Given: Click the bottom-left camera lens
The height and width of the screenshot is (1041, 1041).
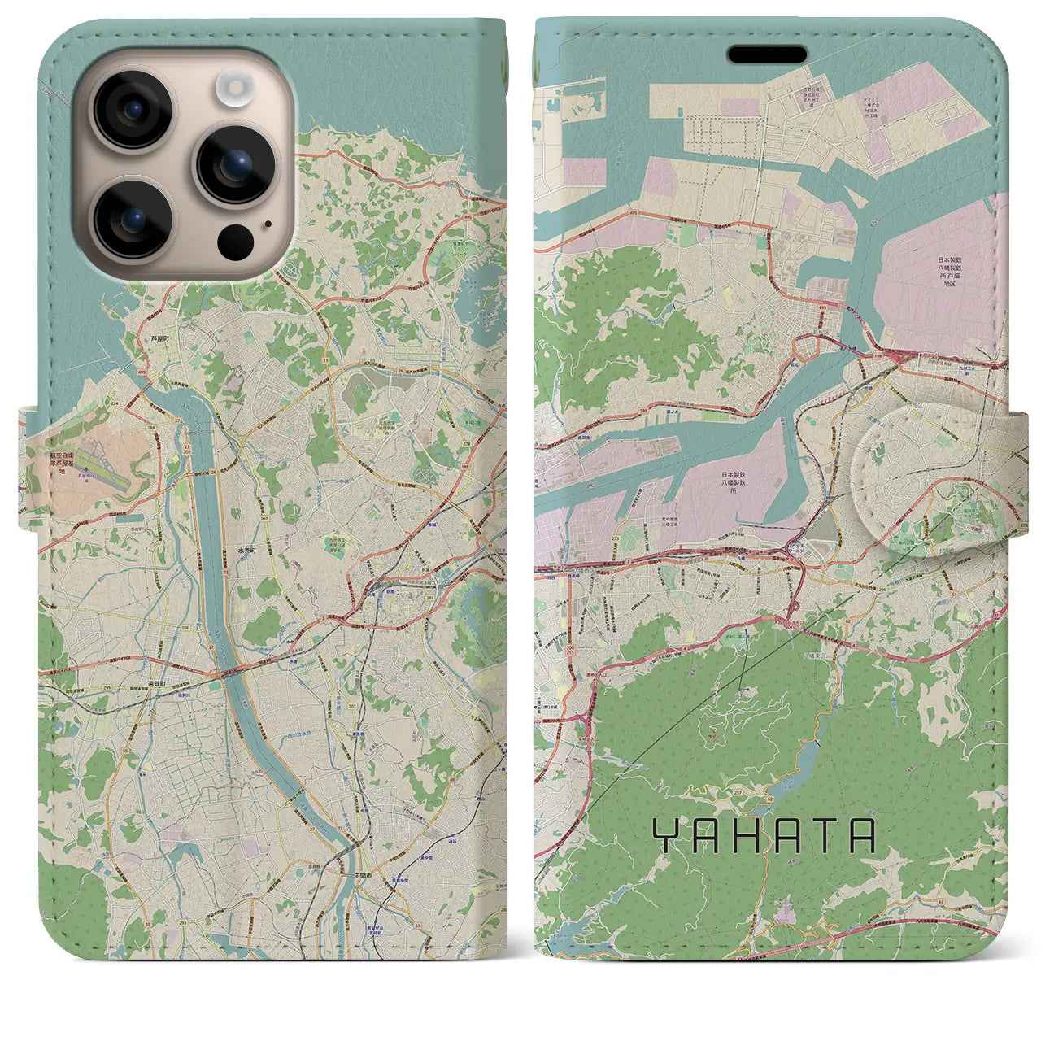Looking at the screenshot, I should pyautogui.click(x=132, y=218).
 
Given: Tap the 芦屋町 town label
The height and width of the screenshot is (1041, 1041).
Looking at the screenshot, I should pyautogui.click(x=159, y=337).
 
